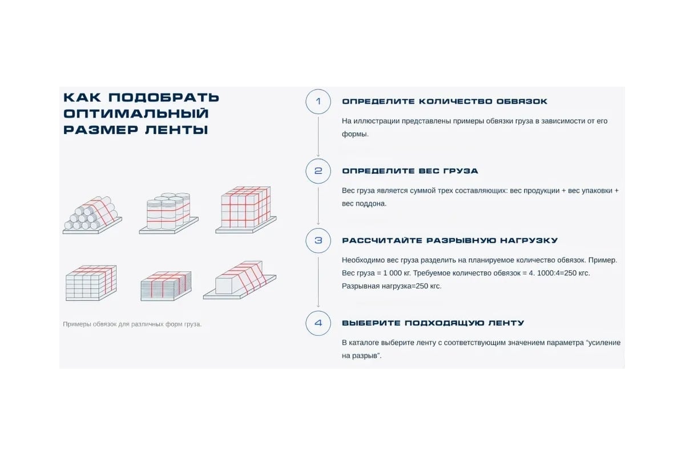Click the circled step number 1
[319, 101]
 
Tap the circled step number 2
[319, 171]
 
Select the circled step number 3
[319, 241]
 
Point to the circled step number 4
[319, 323]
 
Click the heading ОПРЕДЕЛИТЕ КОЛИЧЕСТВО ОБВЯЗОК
[444, 101]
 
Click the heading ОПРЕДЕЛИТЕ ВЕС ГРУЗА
[410, 171]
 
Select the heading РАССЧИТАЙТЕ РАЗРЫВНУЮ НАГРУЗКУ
[450, 241]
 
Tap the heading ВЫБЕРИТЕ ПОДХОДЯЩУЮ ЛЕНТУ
[433, 323]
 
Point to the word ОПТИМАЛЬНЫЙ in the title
[136, 113]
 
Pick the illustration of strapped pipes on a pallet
[92, 214]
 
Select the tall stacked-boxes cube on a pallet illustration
[245, 209]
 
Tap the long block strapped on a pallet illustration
[240, 281]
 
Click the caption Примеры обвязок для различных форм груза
[132, 324]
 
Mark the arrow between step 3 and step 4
[319, 282]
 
